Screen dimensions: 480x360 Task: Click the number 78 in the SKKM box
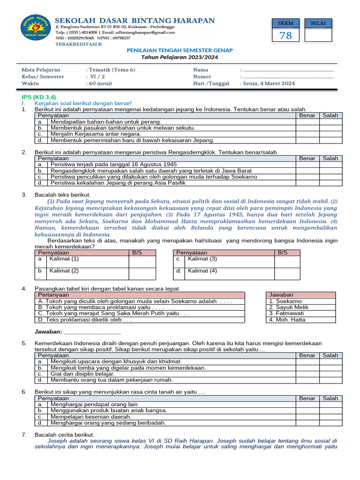[x=285, y=36]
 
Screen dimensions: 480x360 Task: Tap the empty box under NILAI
[x=318, y=36]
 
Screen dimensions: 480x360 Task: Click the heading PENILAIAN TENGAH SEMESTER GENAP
[x=180, y=50]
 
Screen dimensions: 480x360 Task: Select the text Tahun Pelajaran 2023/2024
[x=180, y=57]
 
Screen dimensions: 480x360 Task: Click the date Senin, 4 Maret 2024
[x=269, y=83]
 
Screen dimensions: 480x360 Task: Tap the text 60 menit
[x=99, y=83]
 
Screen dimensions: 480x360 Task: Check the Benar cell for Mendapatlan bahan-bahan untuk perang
[x=307, y=121]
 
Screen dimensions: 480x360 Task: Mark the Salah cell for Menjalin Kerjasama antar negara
[x=330, y=134]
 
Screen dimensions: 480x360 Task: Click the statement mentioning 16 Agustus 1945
[x=113, y=165]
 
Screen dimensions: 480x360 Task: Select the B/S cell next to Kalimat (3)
[x=287, y=261]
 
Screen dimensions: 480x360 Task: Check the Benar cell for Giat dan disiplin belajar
[x=307, y=374]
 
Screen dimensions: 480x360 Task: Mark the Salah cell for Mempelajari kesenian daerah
[x=330, y=417]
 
